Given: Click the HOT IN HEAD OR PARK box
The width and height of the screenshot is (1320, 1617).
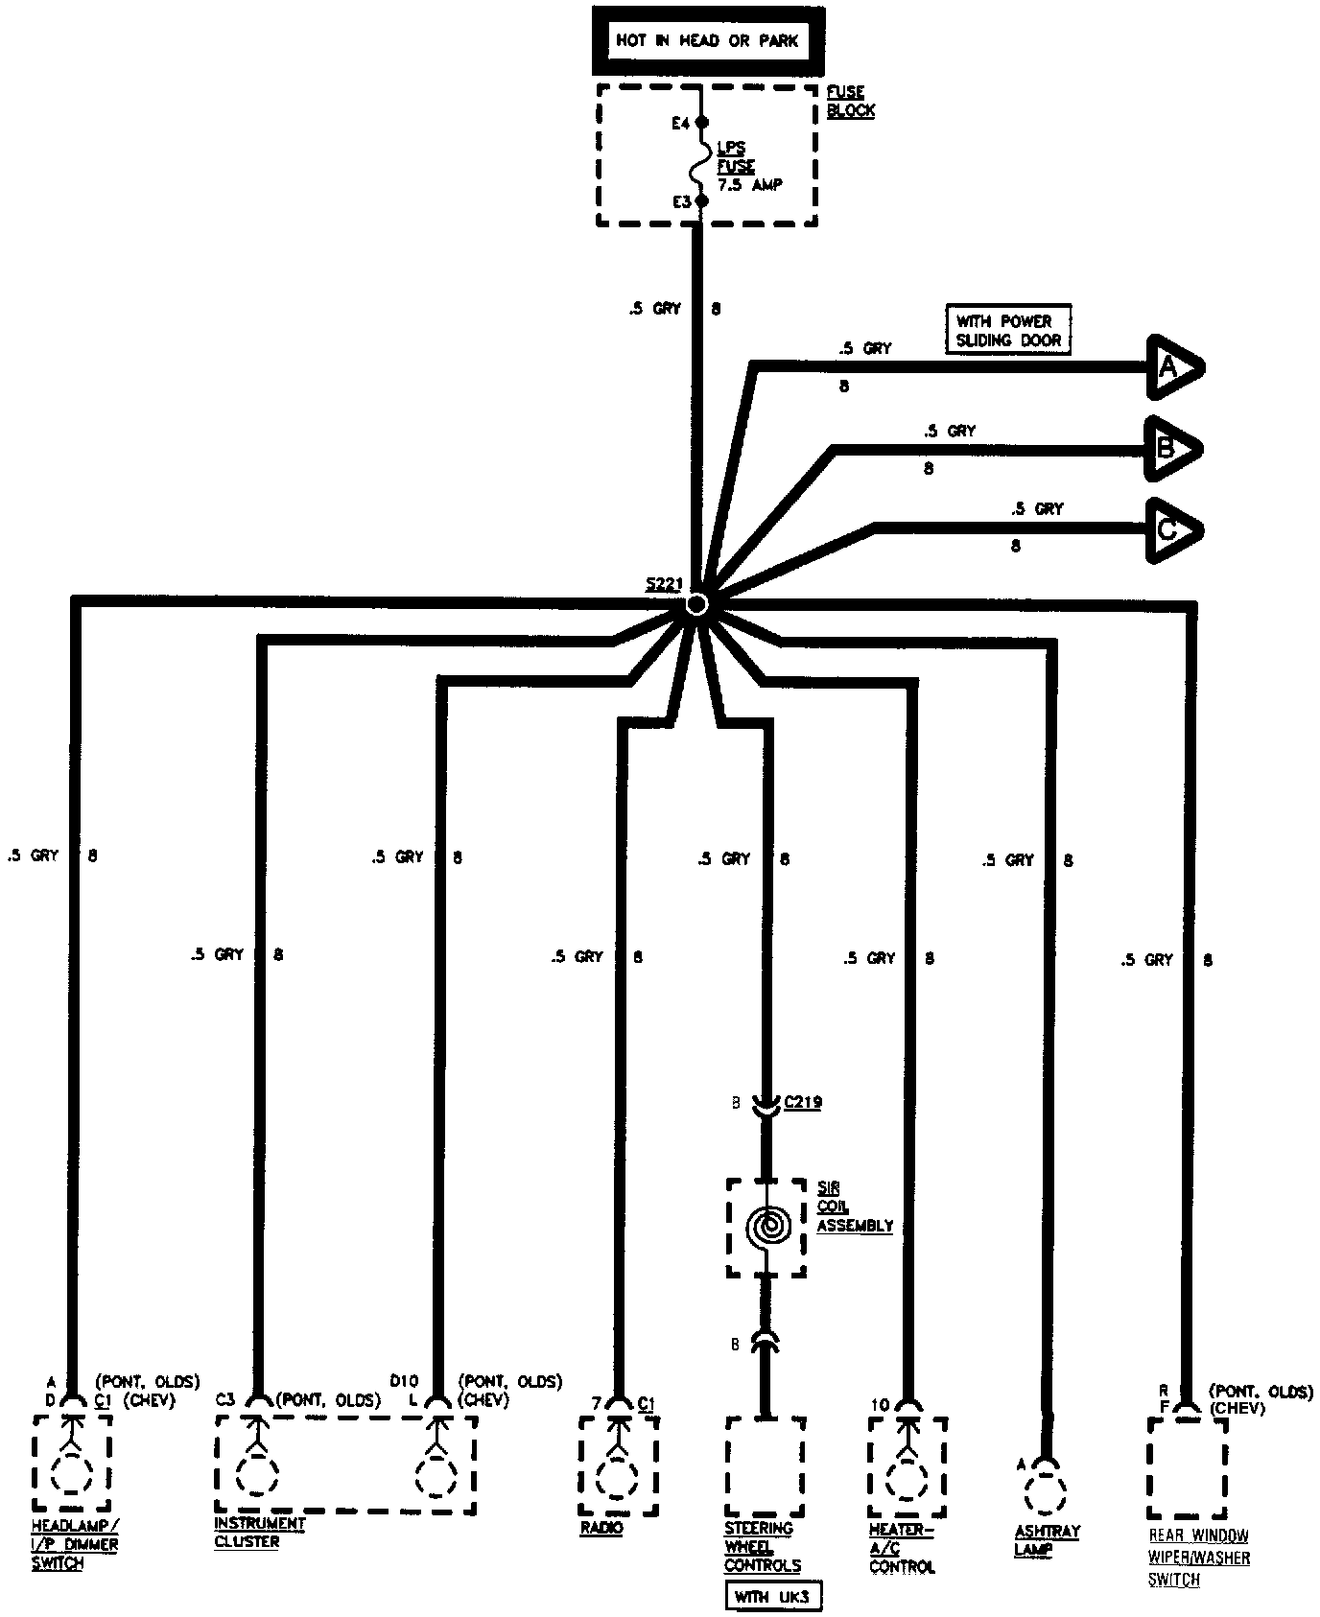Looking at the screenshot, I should point(707,41).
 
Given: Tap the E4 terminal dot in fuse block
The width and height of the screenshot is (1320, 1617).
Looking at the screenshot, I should point(701,123).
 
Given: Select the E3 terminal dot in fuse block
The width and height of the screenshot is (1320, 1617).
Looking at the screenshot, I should point(701,201).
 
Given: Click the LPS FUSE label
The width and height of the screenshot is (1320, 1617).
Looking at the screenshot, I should point(737,158).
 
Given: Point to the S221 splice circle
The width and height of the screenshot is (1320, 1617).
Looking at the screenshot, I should point(697,604).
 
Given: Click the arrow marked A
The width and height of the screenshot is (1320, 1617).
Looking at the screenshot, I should point(1173,367).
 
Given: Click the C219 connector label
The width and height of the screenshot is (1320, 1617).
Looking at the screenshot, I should point(803,1102).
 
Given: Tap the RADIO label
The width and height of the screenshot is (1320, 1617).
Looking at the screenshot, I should point(601,1528).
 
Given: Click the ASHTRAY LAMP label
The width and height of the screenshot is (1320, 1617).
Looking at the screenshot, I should point(1047,1540).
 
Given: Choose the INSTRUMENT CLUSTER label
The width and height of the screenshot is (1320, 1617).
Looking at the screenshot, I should point(247,1533).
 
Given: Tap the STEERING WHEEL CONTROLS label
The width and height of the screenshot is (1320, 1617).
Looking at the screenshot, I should point(763,1547).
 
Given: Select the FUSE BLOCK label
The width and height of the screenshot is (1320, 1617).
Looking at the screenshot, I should point(850,102).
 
